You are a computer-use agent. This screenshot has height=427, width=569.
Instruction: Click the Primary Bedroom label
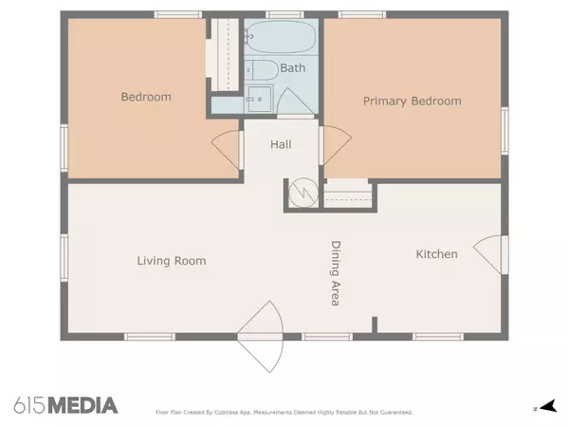click(x=413, y=102)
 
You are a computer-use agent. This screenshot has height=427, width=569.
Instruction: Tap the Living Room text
click(x=172, y=261)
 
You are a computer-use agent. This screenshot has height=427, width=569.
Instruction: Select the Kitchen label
click(x=436, y=254)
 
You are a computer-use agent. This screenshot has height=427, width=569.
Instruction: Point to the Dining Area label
click(x=336, y=273)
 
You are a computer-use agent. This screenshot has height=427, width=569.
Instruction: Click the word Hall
click(x=281, y=144)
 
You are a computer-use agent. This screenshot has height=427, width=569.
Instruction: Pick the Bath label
click(x=293, y=68)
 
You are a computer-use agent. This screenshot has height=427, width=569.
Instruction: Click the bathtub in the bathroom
click(x=280, y=37)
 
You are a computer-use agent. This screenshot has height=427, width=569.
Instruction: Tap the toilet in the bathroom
click(x=262, y=70)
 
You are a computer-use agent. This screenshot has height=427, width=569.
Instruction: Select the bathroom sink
click(x=259, y=99)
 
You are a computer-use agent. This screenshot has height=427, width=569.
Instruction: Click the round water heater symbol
click(x=303, y=193)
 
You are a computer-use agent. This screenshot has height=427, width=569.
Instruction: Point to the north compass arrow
click(x=547, y=406)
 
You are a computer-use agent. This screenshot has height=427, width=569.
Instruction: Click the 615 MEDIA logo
click(x=65, y=405)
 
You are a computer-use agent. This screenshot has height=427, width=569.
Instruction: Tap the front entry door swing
click(x=261, y=337)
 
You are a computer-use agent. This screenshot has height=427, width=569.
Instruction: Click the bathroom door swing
click(x=295, y=102)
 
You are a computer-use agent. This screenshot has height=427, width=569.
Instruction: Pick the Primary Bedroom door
click(x=335, y=145)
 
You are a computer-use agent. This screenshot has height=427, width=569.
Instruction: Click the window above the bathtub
click(x=284, y=15)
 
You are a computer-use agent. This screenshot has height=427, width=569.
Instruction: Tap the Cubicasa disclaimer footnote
click(x=284, y=413)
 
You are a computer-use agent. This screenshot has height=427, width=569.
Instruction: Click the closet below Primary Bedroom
click(x=348, y=194)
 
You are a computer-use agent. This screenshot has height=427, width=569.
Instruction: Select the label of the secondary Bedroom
click(x=146, y=97)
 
